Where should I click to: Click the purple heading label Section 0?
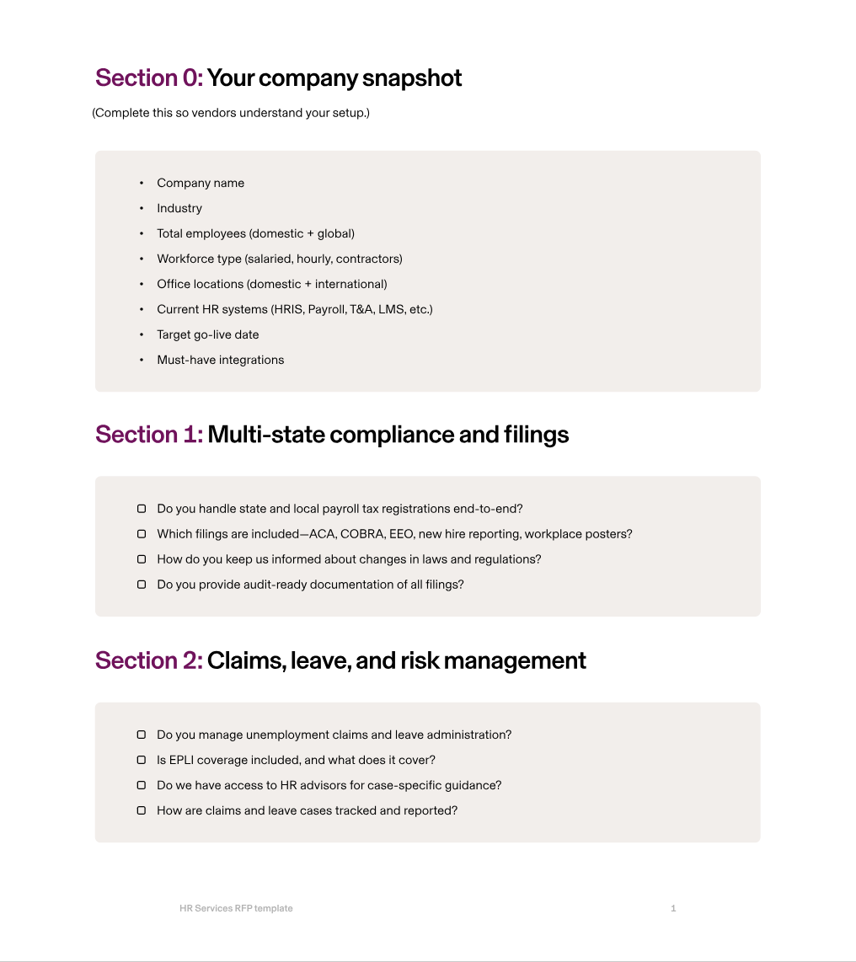click(149, 78)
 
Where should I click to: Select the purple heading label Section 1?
click(149, 435)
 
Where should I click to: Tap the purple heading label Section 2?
click(149, 660)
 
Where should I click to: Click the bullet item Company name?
click(201, 183)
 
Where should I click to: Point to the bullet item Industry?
click(179, 208)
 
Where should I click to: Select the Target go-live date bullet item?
click(207, 334)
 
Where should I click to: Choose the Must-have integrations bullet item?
click(220, 360)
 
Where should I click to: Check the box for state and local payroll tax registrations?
click(142, 509)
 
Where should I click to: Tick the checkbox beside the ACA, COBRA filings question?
click(142, 534)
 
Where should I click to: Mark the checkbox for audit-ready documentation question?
click(142, 585)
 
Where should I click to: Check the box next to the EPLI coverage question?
click(142, 760)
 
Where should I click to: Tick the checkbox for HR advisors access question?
click(142, 785)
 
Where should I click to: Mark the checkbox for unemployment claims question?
click(142, 735)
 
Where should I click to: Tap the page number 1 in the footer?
click(673, 908)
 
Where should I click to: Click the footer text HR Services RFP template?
click(236, 908)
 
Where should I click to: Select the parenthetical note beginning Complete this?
click(231, 113)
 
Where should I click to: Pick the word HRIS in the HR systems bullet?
click(287, 309)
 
